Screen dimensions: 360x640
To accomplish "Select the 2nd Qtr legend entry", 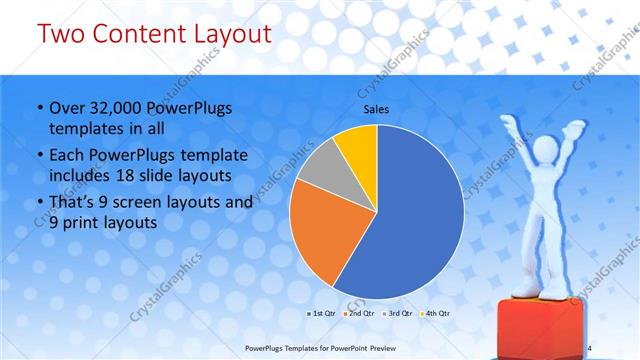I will (361, 314).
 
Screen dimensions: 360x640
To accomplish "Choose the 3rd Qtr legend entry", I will (399, 314).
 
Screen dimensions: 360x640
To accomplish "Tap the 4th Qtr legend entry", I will (437, 314).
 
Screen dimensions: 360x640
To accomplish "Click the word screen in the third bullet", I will (143, 203).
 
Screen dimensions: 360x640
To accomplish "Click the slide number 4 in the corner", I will (589, 347).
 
